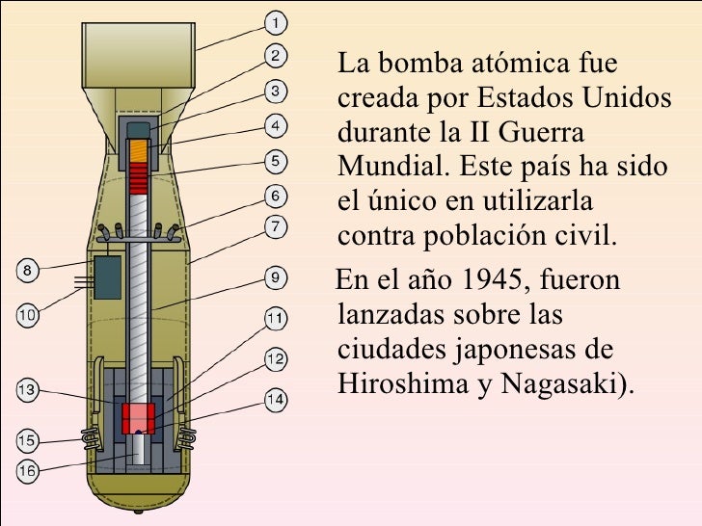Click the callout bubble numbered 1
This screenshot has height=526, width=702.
click(x=275, y=19)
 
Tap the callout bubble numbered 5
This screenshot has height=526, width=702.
click(x=275, y=161)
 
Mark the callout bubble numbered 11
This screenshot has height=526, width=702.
click(x=275, y=317)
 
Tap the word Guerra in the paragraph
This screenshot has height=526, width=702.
click(x=540, y=131)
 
